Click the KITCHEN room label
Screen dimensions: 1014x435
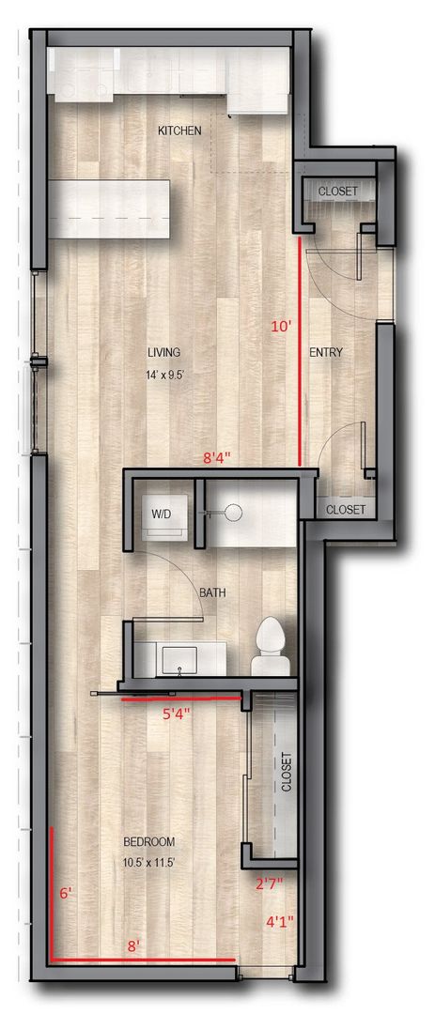click(179, 131)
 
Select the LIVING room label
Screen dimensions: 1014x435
click(163, 352)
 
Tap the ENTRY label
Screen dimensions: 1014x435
click(326, 353)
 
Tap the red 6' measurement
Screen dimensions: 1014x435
click(65, 895)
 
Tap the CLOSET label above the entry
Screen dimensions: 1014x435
click(336, 191)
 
